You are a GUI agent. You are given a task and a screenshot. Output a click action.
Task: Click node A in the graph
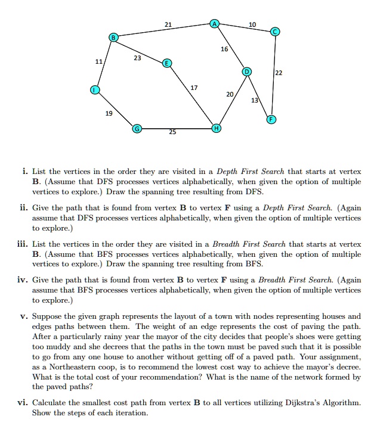click(x=214, y=24)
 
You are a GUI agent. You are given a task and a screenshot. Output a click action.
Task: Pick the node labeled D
click(x=245, y=72)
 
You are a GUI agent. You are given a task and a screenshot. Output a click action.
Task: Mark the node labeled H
click(x=216, y=128)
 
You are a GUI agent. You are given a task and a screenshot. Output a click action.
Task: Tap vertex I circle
click(x=93, y=90)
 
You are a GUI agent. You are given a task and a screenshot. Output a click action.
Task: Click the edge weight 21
click(x=168, y=24)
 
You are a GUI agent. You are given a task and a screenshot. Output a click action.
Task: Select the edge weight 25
click(x=172, y=132)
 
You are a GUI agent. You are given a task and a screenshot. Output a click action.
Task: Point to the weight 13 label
click(x=255, y=100)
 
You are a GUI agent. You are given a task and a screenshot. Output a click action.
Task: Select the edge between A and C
click(x=245, y=27)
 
